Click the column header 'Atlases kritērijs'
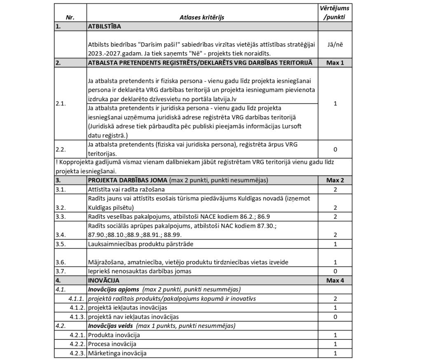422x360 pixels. pyautogui.click(x=202, y=17)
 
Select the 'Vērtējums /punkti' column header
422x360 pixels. pyautogui.click(x=335, y=13)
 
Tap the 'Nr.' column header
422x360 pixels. pyautogui.click(x=70, y=17)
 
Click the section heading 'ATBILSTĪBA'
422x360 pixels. pyautogui.click(x=103, y=26)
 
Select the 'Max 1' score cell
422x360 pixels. pyautogui.click(x=335, y=62)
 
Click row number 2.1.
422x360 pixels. pyautogui.click(x=61, y=103)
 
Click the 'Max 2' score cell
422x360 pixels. pyautogui.click(x=335, y=180)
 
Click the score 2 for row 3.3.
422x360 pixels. pyautogui.click(x=335, y=216)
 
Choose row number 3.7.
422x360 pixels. pyautogui.click(x=61, y=271)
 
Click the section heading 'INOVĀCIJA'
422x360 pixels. pyautogui.click(x=103, y=280)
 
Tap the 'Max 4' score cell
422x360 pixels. pyautogui.click(x=335, y=280)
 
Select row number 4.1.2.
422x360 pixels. pyautogui.click(x=77, y=307)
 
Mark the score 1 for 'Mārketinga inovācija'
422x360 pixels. pyautogui.click(x=335, y=353)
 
